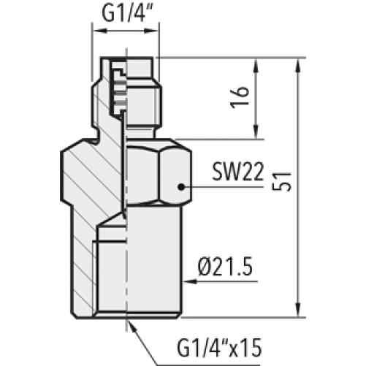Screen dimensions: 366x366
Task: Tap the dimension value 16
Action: point(240,97)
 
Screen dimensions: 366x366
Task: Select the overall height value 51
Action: point(282,182)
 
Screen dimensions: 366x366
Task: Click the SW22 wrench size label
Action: point(238,172)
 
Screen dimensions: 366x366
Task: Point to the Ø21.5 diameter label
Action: point(225,267)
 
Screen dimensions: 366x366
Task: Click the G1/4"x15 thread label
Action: point(219,348)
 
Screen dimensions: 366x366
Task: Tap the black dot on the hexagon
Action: point(180,187)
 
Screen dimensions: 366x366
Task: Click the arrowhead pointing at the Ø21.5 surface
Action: point(189,282)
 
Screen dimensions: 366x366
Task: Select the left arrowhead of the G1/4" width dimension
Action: point(100,31)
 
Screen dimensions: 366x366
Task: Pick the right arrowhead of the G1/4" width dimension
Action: point(151,31)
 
